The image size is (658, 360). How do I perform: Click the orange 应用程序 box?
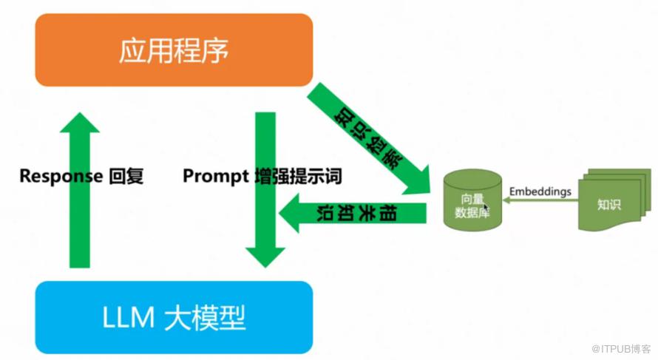[x=174, y=50]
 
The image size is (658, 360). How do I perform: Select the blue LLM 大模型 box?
[x=174, y=318]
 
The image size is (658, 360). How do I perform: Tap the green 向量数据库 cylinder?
[x=472, y=200]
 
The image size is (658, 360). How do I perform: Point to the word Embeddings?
[x=540, y=191]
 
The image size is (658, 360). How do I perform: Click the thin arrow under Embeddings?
[x=540, y=200]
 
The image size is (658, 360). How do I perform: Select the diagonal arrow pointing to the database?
[x=369, y=139]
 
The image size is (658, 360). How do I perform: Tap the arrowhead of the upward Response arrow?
[x=80, y=123]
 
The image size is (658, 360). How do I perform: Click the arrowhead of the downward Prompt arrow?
[x=265, y=257]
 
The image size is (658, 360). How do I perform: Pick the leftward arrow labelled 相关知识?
[x=353, y=213]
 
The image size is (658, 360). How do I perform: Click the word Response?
[x=61, y=176]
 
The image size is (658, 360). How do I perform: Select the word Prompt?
[x=216, y=176]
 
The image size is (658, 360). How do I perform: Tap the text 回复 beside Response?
[x=126, y=176]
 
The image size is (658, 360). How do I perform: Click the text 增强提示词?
[x=299, y=176]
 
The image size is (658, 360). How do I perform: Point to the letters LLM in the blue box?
[x=129, y=318]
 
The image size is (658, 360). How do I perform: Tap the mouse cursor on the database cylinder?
[x=486, y=207]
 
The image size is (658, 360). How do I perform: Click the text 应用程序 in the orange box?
[x=174, y=50]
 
